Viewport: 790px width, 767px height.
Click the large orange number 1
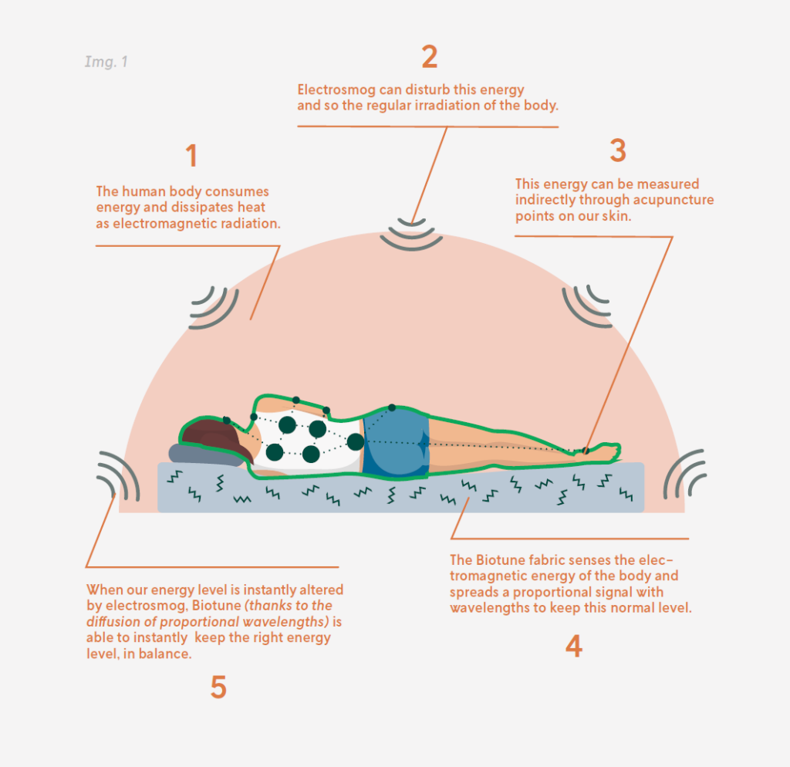[x=191, y=155]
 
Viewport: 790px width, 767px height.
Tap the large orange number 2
[x=430, y=56]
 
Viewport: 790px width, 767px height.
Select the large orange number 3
[x=618, y=150]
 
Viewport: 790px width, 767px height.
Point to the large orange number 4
[x=574, y=646]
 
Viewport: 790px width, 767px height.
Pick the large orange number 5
[x=218, y=688]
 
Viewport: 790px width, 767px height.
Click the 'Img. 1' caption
[x=106, y=62]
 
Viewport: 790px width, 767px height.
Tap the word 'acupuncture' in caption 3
[x=673, y=200]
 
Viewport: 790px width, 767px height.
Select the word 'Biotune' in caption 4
[x=495, y=560]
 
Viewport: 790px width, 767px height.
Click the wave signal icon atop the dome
[x=411, y=235]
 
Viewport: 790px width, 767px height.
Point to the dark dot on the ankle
[x=586, y=451]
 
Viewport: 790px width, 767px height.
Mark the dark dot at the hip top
[x=392, y=407]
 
